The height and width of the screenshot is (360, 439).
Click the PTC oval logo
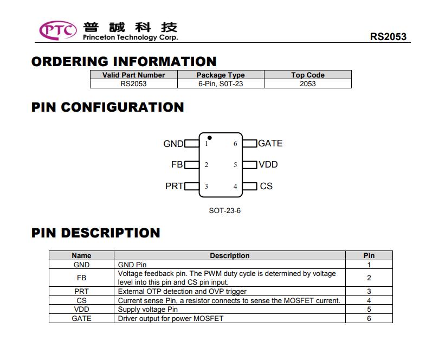pos(58,30)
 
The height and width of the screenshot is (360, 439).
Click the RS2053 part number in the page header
pos(388,37)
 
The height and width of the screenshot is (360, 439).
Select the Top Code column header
pos(308,75)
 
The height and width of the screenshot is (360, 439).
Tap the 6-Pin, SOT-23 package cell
pos(221,84)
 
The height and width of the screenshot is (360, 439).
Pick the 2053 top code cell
pos(308,84)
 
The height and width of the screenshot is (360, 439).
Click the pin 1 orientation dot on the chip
pos(209,138)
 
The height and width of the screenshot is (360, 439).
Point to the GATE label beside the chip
pos(270,143)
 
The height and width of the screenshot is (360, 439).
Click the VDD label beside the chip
pos(268,164)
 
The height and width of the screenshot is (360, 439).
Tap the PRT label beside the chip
pos(174,186)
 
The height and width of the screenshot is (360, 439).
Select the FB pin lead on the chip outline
pos(192,165)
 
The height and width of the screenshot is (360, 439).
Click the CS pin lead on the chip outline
pos(249,186)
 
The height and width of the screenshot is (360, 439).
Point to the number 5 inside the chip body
pos(235,165)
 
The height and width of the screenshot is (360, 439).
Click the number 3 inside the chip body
pos(206,187)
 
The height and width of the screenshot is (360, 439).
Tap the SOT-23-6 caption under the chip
pos(225,211)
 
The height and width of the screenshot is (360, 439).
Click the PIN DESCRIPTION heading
pos(96,233)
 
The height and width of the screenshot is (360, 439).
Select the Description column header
pos(230,255)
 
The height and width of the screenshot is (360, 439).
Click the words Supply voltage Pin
pos(148,309)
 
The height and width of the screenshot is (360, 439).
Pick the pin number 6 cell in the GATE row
pos(369,319)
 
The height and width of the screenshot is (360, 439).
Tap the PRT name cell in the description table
pos(81,291)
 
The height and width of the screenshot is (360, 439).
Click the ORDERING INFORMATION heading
pos(124,62)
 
